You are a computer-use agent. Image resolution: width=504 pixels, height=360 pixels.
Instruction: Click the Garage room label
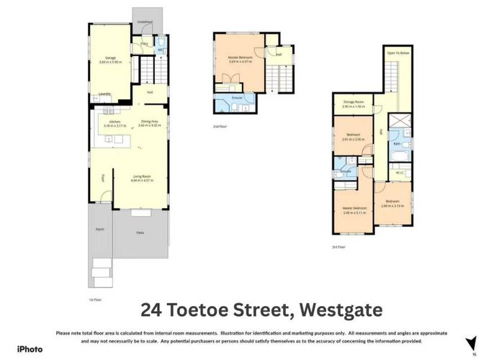pyautogui.click(x=110, y=57)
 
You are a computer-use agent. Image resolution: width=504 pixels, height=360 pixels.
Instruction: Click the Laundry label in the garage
pyautogui.click(x=106, y=94)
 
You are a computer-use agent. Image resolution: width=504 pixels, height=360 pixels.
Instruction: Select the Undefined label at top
pyautogui.click(x=145, y=22)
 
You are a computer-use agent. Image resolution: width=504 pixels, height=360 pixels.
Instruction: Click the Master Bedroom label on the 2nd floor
pyautogui.click(x=238, y=58)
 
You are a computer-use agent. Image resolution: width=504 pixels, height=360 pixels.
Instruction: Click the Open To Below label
pyautogui.click(x=397, y=53)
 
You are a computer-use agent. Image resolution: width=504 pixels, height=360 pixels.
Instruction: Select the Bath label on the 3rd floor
pyautogui.click(x=397, y=144)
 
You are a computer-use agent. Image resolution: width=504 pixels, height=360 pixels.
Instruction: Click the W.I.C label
pyautogui.click(x=400, y=172)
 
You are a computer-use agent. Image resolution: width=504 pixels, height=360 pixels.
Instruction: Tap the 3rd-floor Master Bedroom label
pyautogui.click(x=354, y=210)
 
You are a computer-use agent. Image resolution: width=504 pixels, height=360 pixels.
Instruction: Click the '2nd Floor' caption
pyautogui.click(x=221, y=125)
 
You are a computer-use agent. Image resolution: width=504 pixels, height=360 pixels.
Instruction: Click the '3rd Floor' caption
pyautogui.click(x=339, y=248)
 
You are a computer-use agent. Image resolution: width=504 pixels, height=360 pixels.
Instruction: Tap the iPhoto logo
pyautogui.click(x=30, y=348)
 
